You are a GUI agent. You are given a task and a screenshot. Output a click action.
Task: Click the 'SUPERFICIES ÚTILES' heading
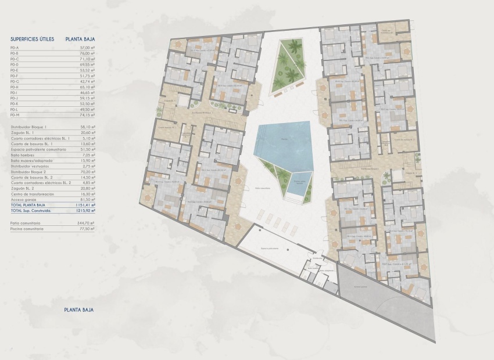(33, 39)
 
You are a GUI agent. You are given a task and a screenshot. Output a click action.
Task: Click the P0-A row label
(15, 48)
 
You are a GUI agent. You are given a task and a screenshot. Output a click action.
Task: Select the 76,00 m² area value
(87, 53)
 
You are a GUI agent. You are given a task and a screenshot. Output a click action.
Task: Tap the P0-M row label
(15, 114)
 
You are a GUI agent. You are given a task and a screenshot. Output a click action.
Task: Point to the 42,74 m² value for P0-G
(87, 81)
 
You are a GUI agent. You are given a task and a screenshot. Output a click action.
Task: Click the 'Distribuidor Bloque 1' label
(28, 126)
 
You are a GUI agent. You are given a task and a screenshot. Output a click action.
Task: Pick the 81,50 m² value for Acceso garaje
(87, 199)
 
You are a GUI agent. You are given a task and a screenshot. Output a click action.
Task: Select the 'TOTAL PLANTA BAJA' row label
(28, 205)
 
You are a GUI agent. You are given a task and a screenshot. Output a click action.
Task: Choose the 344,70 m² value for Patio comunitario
(85, 222)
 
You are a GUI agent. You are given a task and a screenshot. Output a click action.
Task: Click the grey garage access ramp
(389, 308)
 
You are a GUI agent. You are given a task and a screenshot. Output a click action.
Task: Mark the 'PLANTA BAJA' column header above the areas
(81, 39)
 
